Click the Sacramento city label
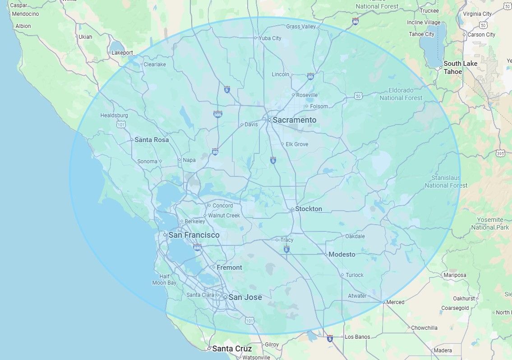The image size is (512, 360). [295, 120]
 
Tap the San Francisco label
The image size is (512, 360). [194, 235]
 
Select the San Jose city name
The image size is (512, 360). [245, 297]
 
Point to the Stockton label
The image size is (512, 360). [309, 209]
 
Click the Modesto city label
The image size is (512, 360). [341, 254]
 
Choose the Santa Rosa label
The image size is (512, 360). [152, 140]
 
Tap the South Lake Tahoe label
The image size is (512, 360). [460, 68]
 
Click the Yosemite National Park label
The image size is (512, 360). [490, 223]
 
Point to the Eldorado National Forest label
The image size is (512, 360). [401, 94]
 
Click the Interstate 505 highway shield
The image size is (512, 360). [218, 115]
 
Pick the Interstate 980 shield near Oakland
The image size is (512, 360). [197, 247]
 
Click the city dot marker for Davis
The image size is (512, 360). [242, 125]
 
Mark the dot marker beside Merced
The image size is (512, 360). [383, 302]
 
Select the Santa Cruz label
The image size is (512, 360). [232, 349]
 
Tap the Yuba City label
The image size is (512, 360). [270, 38]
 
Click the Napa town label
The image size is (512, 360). [189, 160]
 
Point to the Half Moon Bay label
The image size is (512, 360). [164, 280]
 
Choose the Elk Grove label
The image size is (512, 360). [297, 144]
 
